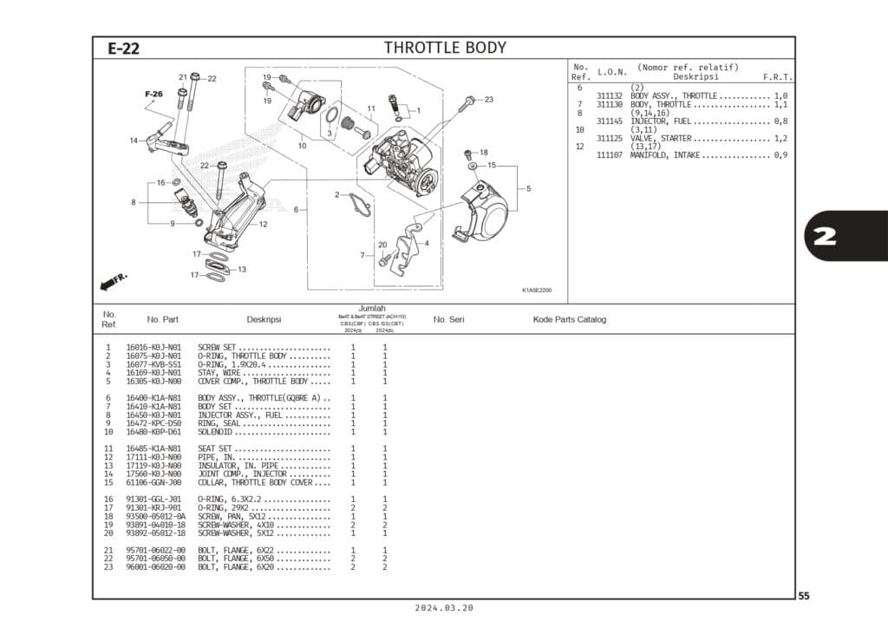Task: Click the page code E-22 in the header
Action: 124,49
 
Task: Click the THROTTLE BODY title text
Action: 445,48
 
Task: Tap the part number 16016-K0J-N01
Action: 153,348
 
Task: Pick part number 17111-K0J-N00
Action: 153,457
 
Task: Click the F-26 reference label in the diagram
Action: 153,94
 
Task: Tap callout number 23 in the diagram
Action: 488,100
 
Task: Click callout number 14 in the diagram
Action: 134,141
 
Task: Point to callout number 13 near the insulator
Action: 242,270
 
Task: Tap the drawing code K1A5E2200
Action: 537,291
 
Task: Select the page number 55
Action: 804,596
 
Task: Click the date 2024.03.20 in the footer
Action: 445,608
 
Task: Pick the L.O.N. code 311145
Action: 610,121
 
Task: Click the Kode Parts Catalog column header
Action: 569,320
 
